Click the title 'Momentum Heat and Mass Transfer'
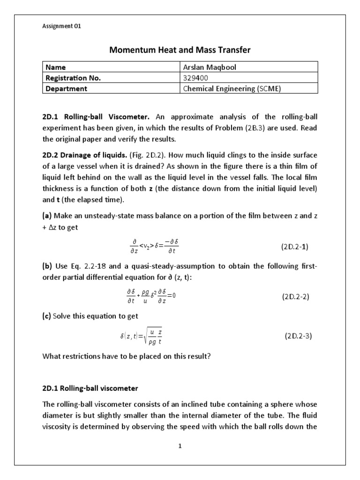coord(180,49)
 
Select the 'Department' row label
coord(66,88)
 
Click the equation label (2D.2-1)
coord(295,247)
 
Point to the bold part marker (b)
coord(47,266)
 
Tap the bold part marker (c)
coord(47,316)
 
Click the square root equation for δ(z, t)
coord(141,336)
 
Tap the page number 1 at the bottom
coord(180,446)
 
